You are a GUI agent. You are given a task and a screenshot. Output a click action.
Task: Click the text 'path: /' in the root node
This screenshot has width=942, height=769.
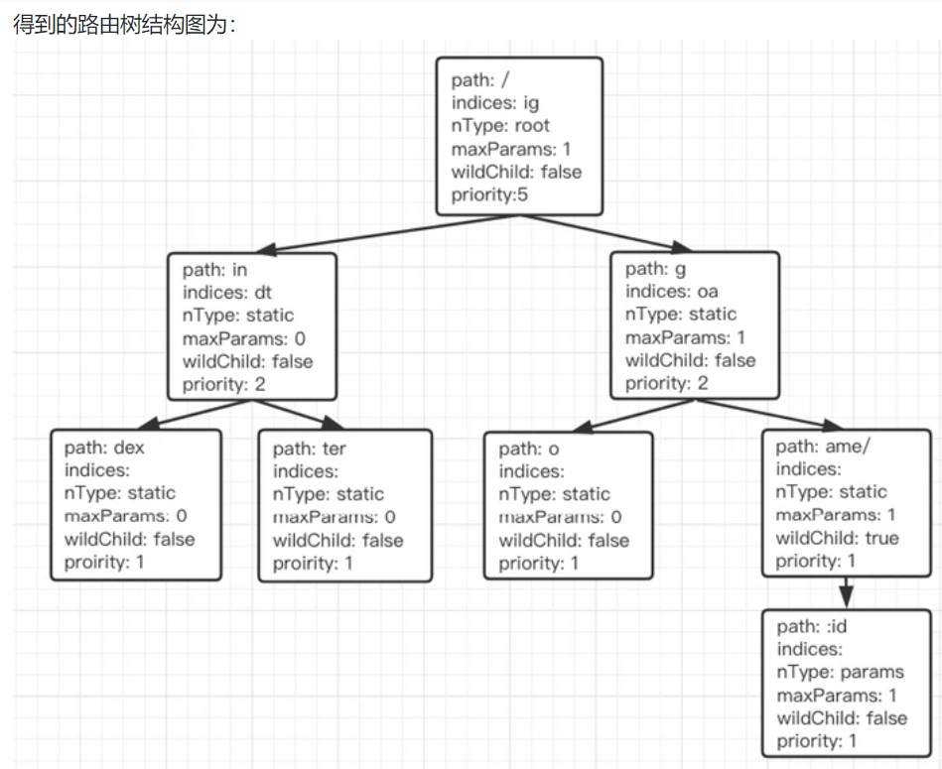point(480,80)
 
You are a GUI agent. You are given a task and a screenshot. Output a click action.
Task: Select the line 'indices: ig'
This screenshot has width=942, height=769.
point(495,103)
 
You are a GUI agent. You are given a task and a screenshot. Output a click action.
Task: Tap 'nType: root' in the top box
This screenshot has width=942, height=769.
point(500,126)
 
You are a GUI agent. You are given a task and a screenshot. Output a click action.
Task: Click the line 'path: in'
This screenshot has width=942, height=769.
point(214,269)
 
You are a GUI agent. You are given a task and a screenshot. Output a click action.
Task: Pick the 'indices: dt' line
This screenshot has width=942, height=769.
point(227,292)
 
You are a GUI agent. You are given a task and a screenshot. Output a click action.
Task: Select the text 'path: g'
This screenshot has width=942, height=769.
point(654,269)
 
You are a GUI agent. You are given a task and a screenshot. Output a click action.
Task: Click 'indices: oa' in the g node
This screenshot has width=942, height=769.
point(671,292)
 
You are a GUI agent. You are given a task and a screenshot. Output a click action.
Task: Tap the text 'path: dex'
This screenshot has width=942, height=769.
point(104,448)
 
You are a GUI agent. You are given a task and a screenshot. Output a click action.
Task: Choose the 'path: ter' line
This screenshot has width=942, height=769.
point(310,449)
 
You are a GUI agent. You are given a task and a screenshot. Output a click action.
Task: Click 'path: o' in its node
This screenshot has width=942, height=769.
point(529,449)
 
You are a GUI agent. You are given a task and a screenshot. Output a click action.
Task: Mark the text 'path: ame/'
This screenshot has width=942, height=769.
point(823,447)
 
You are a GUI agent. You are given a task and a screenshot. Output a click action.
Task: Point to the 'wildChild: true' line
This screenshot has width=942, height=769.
point(837,538)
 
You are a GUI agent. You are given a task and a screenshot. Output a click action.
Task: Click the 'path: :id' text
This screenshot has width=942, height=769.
point(812,627)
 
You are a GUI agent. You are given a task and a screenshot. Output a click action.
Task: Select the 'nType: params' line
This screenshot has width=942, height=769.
point(840,672)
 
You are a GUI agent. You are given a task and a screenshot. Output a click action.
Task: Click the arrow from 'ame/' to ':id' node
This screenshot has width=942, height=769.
point(846,591)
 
